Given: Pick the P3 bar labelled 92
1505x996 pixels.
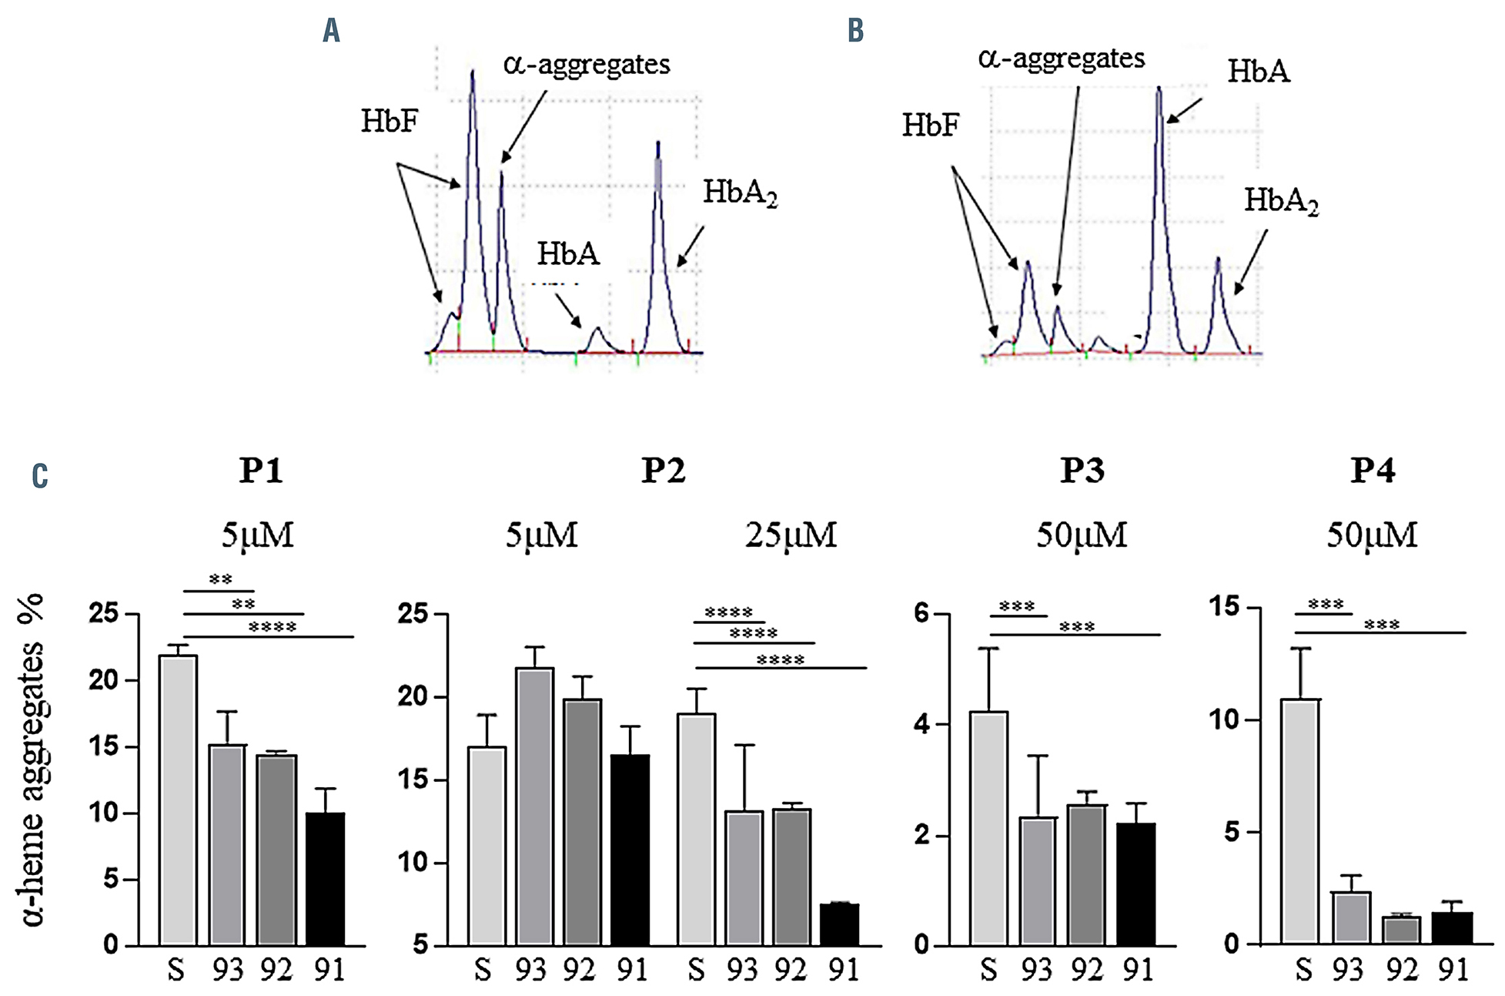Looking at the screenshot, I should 1086,874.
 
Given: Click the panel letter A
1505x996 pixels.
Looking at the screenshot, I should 331,31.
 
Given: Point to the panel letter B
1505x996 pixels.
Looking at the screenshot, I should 855,31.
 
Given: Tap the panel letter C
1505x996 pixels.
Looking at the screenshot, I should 40,476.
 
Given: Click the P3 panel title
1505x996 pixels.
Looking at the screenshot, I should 1082,471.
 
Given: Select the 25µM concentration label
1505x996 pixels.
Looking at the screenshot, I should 791,535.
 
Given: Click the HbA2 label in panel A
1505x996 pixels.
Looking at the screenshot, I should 740,193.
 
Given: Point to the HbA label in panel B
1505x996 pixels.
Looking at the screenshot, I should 1258,72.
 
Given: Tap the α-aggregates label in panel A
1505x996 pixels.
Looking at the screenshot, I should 587,65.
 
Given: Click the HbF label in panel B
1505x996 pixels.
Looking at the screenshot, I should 930,125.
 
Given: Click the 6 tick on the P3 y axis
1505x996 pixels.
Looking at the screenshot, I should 921,614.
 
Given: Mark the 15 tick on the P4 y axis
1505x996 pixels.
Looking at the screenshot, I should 1223,607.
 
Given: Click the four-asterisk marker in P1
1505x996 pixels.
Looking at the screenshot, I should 273,627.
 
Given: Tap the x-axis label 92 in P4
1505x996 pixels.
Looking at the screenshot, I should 1400,970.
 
